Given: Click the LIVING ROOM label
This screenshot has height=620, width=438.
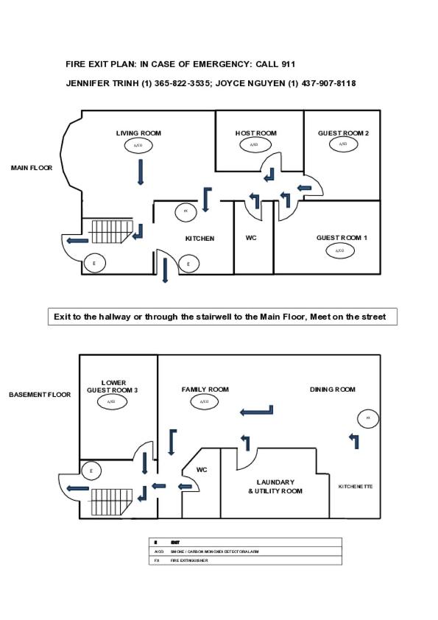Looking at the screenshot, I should click(138, 133).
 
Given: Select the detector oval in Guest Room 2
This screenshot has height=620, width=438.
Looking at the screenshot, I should click(342, 144).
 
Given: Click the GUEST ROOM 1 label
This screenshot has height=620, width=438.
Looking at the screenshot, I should click(342, 238).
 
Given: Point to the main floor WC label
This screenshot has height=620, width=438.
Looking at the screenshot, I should click(250, 239).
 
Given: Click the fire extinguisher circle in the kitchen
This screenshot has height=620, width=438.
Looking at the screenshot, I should click(186, 211).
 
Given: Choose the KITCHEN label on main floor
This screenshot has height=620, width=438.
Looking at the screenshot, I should click(199, 239).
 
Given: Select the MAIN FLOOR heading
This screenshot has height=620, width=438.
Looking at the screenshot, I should click(32, 168).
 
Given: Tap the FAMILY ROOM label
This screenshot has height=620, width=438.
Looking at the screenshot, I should click(205, 390).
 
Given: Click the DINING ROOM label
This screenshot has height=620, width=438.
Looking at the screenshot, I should click(333, 390).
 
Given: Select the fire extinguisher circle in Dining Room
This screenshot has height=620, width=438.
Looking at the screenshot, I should click(368, 418).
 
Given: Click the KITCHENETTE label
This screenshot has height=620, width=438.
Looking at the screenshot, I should click(356, 487).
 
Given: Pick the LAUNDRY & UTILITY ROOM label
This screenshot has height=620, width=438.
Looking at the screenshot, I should click(275, 487).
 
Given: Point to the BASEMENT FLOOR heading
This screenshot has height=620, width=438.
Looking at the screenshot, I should click(40, 395).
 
